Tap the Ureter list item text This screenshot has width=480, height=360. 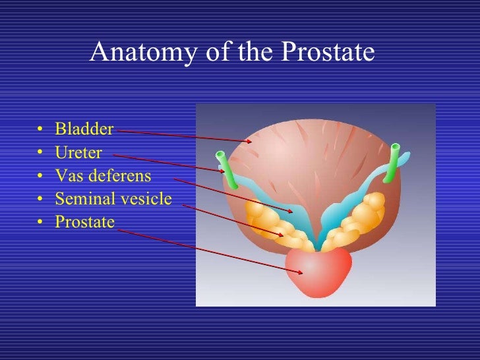(78, 153)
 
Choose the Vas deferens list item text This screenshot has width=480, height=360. (103, 176)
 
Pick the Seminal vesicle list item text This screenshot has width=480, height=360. (113, 198)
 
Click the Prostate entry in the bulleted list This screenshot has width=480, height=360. (84, 222)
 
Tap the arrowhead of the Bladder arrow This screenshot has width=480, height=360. (250, 141)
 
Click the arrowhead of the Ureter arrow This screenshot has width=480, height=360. (223, 171)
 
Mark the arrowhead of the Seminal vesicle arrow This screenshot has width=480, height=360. (284, 235)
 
